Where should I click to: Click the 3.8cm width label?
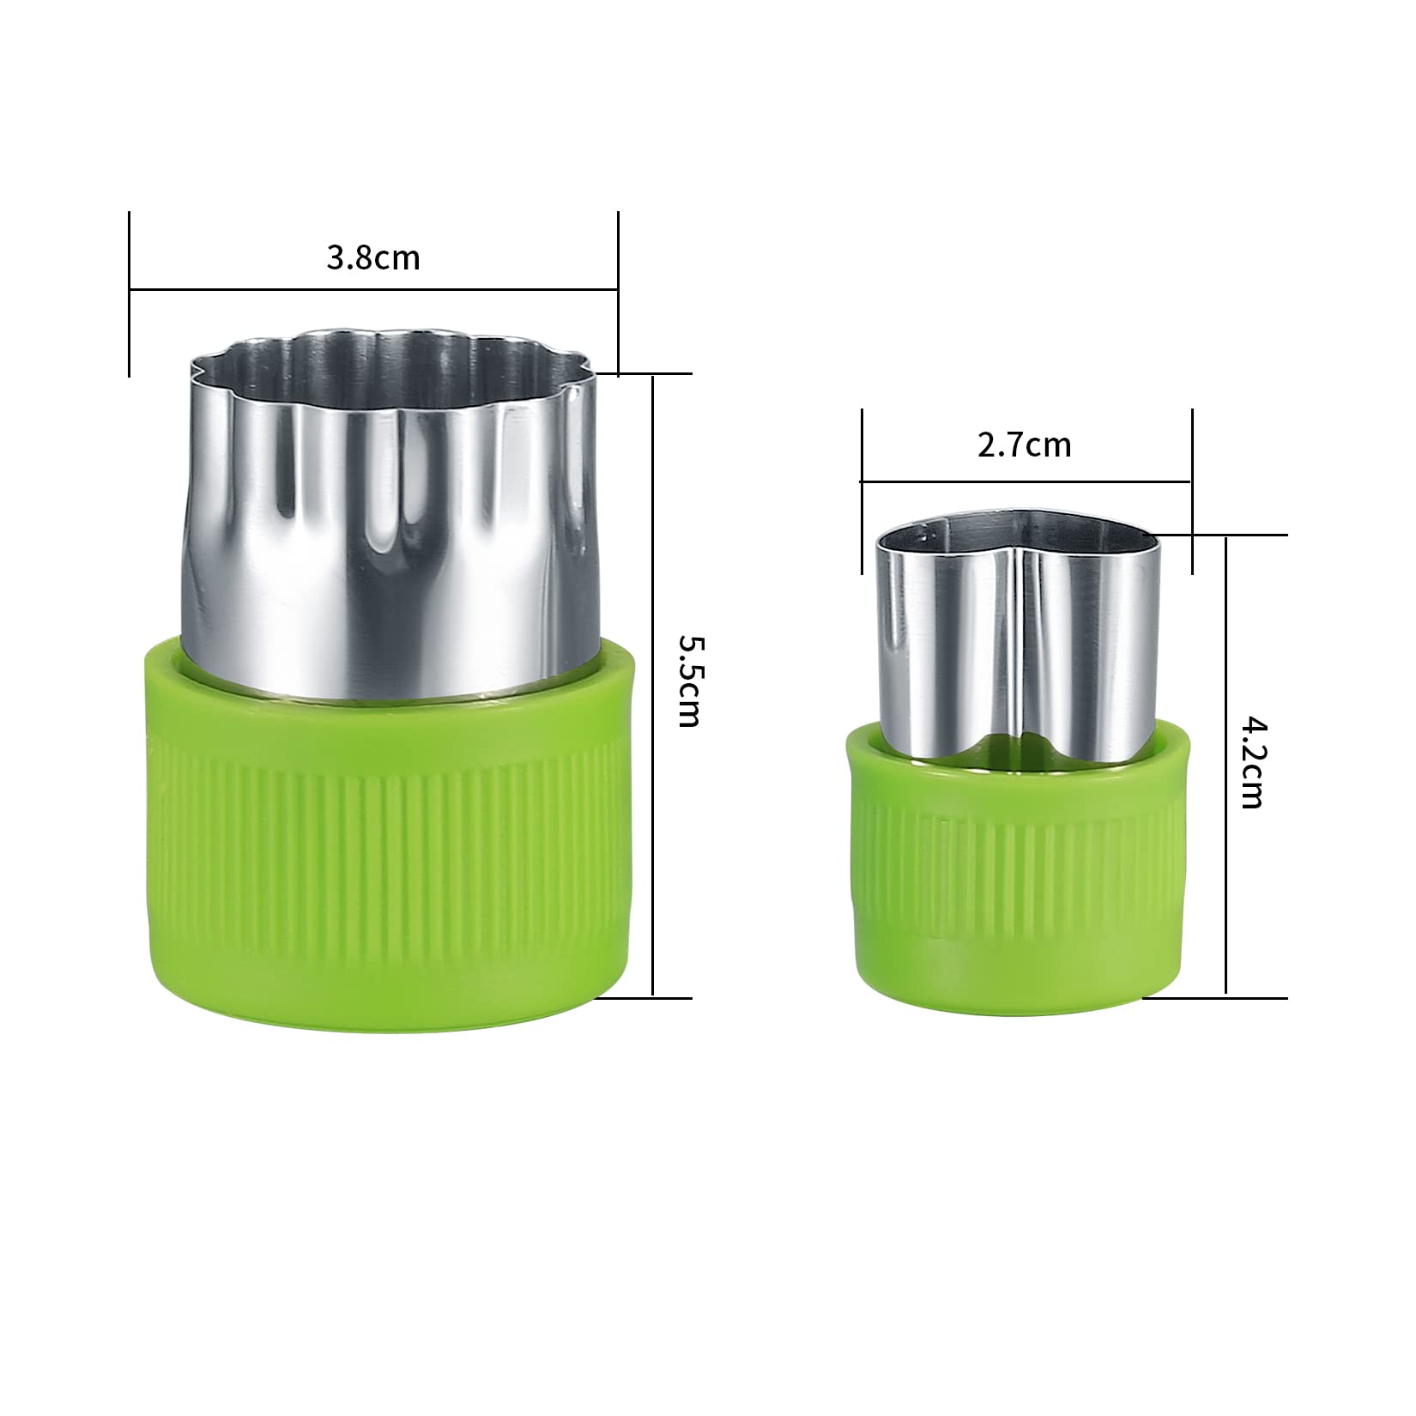pyautogui.click(x=373, y=257)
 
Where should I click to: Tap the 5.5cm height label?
pyautogui.click(x=688, y=681)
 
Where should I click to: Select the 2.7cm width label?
pyautogui.click(x=1025, y=445)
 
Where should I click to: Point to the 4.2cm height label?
pyautogui.click(x=1252, y=763)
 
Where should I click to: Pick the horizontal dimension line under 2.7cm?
pyautogui.click(x=1026, y=482)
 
